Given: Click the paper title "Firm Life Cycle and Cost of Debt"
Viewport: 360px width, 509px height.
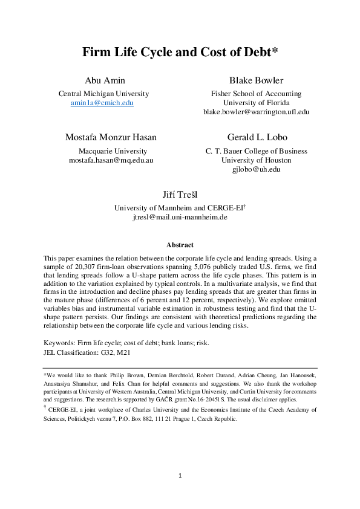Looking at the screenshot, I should click(x=180, y=53).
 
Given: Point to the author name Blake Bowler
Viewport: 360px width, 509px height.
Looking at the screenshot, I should click(x=256, y=80).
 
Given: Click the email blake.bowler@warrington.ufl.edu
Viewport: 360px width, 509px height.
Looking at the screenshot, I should click(x=256, y=112).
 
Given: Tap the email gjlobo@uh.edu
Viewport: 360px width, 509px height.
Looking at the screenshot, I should click(x=256, y=169).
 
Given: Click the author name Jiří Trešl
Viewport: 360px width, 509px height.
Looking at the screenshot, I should click(x=180, y=194).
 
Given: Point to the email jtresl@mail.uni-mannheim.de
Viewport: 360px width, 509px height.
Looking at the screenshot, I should click(x=180, y=217).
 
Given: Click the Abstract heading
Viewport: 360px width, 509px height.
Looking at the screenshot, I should click(x=180, y=245).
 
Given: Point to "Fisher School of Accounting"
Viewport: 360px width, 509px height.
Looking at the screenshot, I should click(x=256, y=94).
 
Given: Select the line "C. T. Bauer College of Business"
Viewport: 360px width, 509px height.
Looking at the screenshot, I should click(x=256, y=151).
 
